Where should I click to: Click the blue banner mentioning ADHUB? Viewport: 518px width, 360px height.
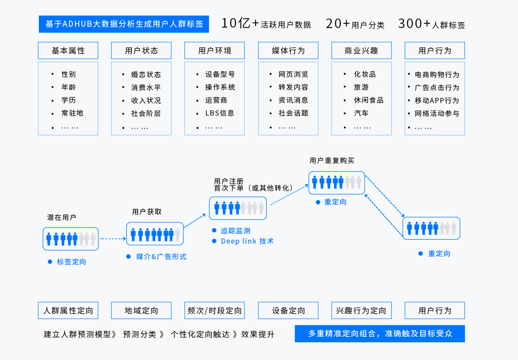click(x=124, y=24)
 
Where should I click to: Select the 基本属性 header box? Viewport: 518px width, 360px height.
click(x=68, y=50)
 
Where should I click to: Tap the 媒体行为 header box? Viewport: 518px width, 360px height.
click(x=288, y=50)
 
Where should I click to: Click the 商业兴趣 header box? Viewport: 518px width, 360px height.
click(x=362, y=50)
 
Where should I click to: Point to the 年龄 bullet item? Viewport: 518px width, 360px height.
click(x=69, y=87)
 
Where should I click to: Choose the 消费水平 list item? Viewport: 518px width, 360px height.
click(x=146, y=88)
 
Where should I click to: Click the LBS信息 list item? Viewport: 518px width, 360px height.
click(x=220, y=113)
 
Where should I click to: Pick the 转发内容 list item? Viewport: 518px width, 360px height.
click(x=293, y=87)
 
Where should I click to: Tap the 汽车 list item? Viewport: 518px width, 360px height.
click(x=361, y=113)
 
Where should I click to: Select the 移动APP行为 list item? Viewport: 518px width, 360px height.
click(x=437, y=100)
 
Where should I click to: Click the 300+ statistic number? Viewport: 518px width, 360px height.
click(x=414, y=24)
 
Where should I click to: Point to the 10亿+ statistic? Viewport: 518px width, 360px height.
click(x=240, y=23)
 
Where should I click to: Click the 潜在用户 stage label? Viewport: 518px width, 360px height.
click(x=62, y=217)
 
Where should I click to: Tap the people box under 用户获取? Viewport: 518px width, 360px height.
click(x=155, y=234)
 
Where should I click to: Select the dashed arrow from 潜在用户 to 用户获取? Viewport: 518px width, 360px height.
click(x=113, y=238)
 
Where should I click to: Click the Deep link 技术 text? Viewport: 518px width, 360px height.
click(x=247, y=241)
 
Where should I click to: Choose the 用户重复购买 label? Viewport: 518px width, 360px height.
click(x=332, y=160)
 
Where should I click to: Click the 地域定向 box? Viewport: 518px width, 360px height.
click(x=141, y=310)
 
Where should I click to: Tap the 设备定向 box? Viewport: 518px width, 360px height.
click(x=288, y=310)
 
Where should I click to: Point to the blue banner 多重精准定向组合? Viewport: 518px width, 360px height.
click(x=380, y=334)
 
